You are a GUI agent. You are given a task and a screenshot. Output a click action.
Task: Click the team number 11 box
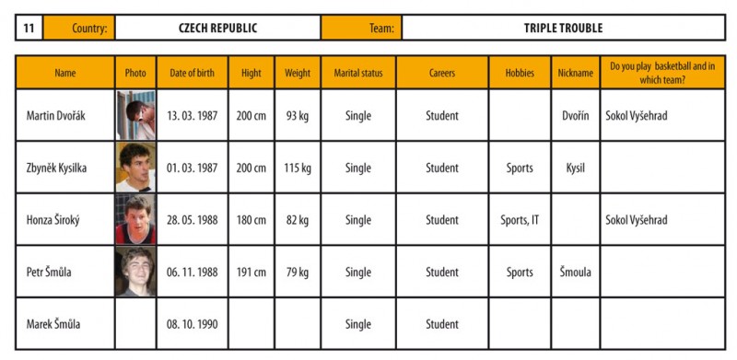(x=29, y=28)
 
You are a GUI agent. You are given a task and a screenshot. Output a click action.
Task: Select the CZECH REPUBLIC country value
(x=218, y=28)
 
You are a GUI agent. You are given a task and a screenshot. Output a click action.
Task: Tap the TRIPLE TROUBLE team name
(x=563, y=28)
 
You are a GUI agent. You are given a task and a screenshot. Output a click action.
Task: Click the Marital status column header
(x=358, y=73)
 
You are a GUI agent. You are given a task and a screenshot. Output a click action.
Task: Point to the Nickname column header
(x=575, y=73)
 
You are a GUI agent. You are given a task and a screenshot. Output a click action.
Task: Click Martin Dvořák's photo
(x=135, y=115)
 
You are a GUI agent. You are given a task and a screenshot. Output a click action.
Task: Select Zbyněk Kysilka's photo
(x=135, y=168)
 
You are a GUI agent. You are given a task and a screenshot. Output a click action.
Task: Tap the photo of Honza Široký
(x=135, y=219)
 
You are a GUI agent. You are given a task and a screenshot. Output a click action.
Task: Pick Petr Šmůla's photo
(x=135, y=272)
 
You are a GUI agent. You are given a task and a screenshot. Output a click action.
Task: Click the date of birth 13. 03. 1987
(x=193, y=116)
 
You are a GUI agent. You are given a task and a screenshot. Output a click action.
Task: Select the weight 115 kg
(x=298, y=168)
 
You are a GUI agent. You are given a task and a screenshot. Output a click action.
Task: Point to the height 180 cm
(x=251, y=220)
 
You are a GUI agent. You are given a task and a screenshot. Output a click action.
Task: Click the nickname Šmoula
(x=575, y=273)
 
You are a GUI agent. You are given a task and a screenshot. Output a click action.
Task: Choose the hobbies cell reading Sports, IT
(x=520, y=220)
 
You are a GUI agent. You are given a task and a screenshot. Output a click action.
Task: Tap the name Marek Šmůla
(x=53, y=324)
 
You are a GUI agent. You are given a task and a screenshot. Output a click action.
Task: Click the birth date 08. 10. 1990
(x=193, y=324)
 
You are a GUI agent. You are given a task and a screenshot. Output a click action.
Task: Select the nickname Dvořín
(x=575, y=116)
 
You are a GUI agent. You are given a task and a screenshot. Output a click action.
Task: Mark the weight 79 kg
(x=298, y=273)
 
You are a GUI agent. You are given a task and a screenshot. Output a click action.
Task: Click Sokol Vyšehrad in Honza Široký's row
(x=636, y=220)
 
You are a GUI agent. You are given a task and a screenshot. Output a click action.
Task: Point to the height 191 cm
(x=251, y=273)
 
